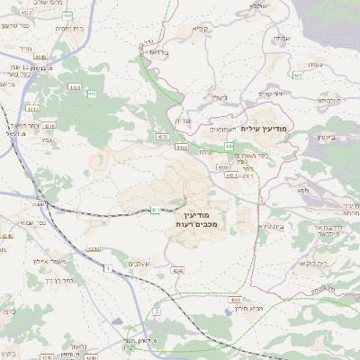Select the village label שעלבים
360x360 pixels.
(138, 262)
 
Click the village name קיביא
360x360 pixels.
(200, 28)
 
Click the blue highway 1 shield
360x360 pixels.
(106, 268)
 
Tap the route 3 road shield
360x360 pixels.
(156, 311)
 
